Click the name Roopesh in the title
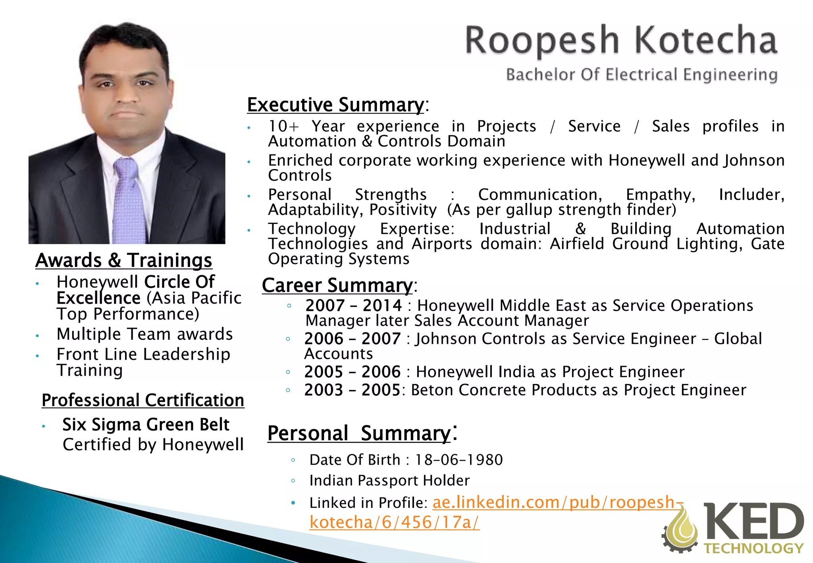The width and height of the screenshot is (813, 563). (x=542, y=40)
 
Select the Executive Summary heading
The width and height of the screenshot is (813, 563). (x=335, y=105)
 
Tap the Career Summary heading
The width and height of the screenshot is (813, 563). (x=337, y=285)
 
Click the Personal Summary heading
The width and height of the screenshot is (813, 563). (x=359, y=433)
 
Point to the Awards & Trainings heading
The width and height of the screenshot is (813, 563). (x=124, y=260)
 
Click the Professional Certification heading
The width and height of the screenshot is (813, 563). (x=143, y=400)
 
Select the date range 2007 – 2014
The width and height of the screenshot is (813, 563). (x=353, y=306)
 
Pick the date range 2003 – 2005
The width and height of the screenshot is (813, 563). (x=352, y=390)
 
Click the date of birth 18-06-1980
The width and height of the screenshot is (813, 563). (x=459, y=460)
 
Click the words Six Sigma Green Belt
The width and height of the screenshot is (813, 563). (x=146, y=425)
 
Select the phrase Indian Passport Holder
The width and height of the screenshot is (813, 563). (x=389, y=481)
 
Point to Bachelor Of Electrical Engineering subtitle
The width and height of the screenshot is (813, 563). (x=642, y=75)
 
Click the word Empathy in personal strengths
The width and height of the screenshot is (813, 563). (x=660, y=195)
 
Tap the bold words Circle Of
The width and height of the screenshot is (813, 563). (x=179, y=282)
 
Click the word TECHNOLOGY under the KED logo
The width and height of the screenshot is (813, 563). (x=753, y=549)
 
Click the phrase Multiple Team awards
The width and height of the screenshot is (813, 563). (x=144, y=334)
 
